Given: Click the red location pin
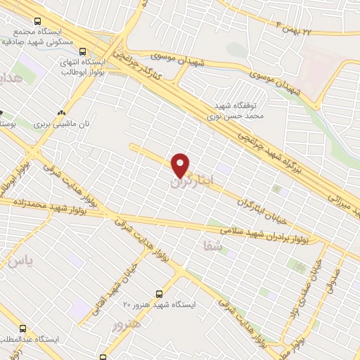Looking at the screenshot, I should pyautogui.click(x=181, y=165).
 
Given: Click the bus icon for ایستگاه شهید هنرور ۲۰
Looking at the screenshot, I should pyautogui.click(x=160, y=294).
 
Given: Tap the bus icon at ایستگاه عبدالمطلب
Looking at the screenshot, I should pyautogui.click(x=23, y=328).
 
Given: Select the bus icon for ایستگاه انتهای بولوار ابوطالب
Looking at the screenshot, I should pyautogui.click(x=83, y=51).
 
